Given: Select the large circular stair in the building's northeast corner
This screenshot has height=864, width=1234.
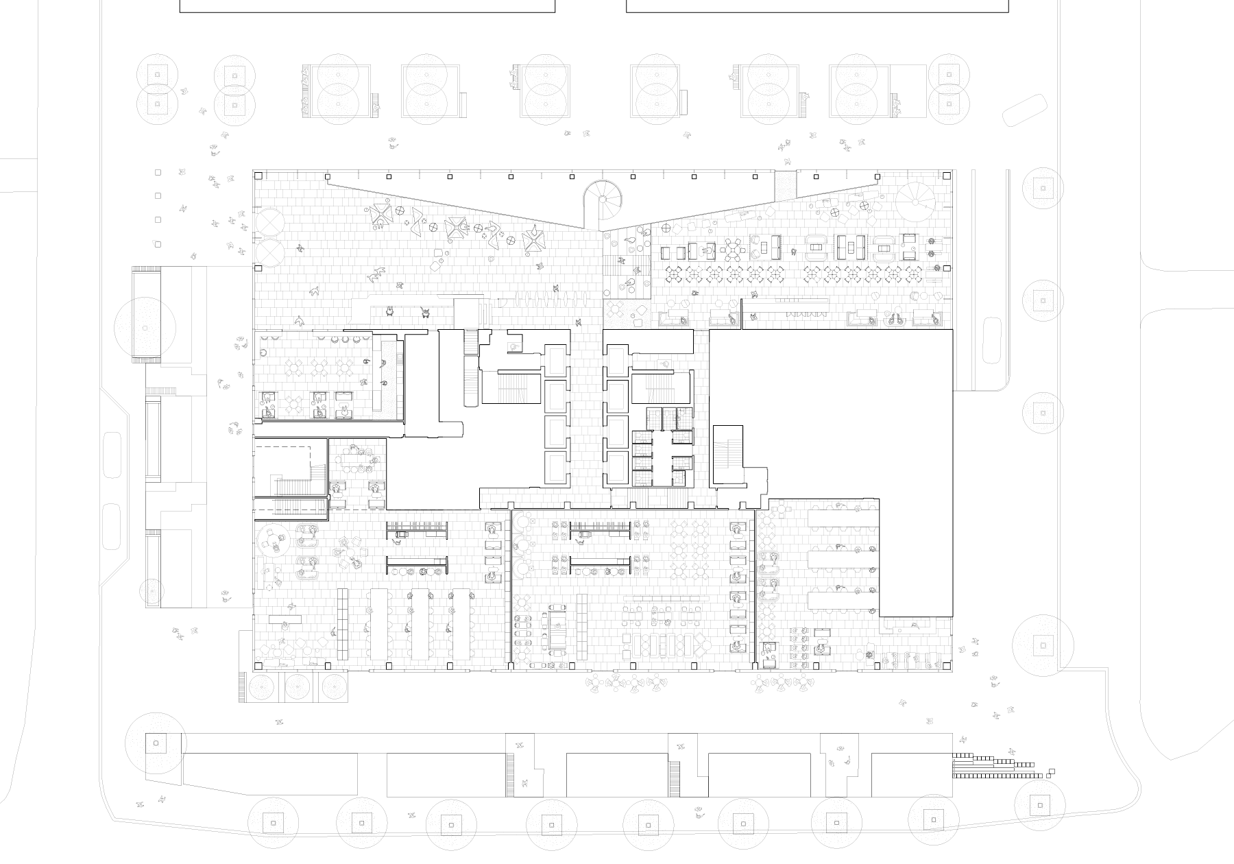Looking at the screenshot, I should [917, 199].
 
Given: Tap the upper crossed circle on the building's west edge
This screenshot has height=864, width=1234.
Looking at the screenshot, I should [269, 221].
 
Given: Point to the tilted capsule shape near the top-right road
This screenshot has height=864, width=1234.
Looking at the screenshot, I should [1024, 110].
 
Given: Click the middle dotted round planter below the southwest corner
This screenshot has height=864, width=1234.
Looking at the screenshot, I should [298, 686].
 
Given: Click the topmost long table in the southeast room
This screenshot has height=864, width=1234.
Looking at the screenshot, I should [843, 517].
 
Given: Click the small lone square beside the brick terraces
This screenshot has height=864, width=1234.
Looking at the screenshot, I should [1052, 771].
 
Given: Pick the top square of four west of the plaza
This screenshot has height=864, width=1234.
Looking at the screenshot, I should [158, 172].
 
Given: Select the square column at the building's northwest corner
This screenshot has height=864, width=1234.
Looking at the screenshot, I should [259, 176].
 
